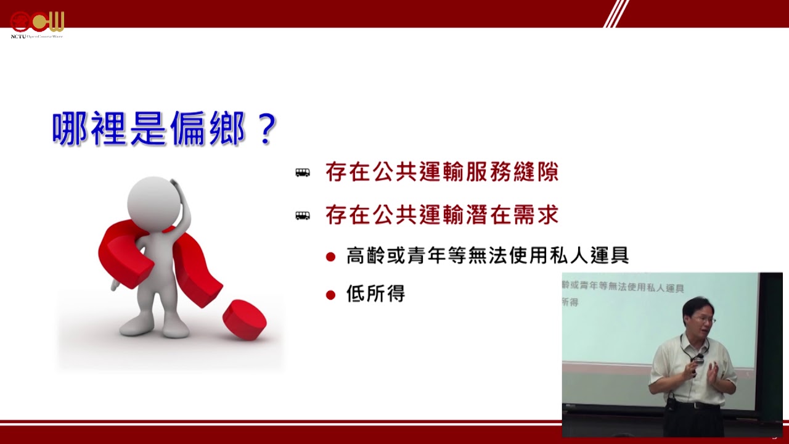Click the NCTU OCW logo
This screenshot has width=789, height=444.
(37, 25)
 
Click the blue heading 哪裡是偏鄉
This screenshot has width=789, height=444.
(149, 129)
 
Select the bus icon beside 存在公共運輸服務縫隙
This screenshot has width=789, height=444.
(303, 172)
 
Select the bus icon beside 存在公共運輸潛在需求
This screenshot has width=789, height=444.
(303, 215)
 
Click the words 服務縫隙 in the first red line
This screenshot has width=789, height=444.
(512, 172)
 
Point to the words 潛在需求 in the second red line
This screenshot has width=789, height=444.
(512, 215)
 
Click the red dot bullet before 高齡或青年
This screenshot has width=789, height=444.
(330, 257)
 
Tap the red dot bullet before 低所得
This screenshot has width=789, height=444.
(330, 295)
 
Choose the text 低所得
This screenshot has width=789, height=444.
(375, 294)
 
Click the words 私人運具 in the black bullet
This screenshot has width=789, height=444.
(589, 255)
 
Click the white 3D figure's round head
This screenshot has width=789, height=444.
(154, 203)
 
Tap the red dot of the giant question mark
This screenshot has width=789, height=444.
(245, 320)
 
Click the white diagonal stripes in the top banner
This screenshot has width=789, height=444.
(616, 14)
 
